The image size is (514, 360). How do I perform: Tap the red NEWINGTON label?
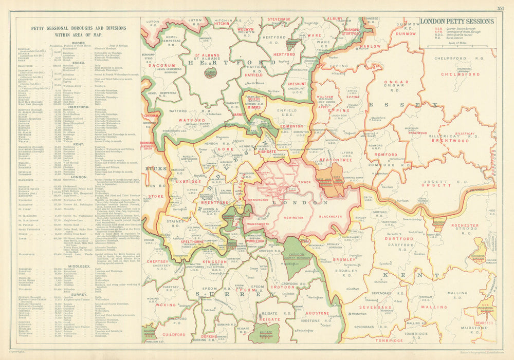[291, 217]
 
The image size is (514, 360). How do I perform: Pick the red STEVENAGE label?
[280, 20]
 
